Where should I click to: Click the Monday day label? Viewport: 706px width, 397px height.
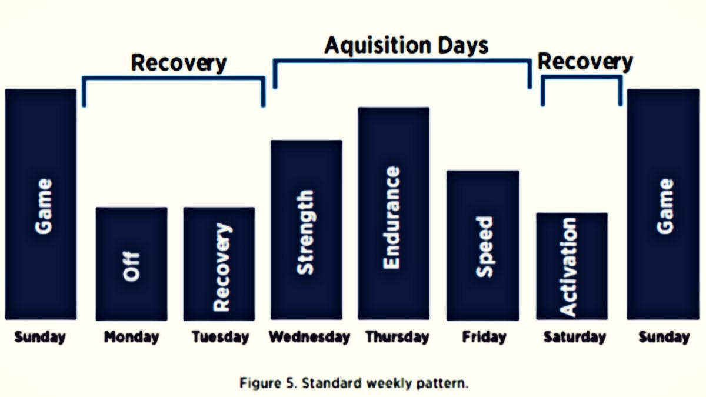click(131, 337)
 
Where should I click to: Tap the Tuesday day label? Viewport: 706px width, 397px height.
click(220, 337)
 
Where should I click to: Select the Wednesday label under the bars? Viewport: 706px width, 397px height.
click(309, 337)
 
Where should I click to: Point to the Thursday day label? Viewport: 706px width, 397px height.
click(398, 337)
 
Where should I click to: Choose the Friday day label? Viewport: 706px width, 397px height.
click(484, 337)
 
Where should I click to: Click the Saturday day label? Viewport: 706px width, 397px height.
click(575, 337)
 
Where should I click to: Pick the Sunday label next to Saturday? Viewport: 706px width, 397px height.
click(664, 337)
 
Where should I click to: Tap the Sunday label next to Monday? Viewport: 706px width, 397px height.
click(40, 337)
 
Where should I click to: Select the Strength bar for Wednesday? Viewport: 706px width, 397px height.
click(307, 230)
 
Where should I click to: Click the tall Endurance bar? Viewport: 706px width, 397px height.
click(394, 213)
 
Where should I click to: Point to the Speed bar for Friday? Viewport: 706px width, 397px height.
click(483, 245)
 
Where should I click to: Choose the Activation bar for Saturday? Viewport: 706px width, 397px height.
click(572, 266)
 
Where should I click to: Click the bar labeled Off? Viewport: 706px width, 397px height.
click(132, 264)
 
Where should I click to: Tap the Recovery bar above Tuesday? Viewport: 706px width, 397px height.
click(219, 264)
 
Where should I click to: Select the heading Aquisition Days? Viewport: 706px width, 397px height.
click(407, 46)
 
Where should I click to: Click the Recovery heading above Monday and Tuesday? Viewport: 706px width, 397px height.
click(179, 64)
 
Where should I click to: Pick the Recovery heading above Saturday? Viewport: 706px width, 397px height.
click(585, 62)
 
